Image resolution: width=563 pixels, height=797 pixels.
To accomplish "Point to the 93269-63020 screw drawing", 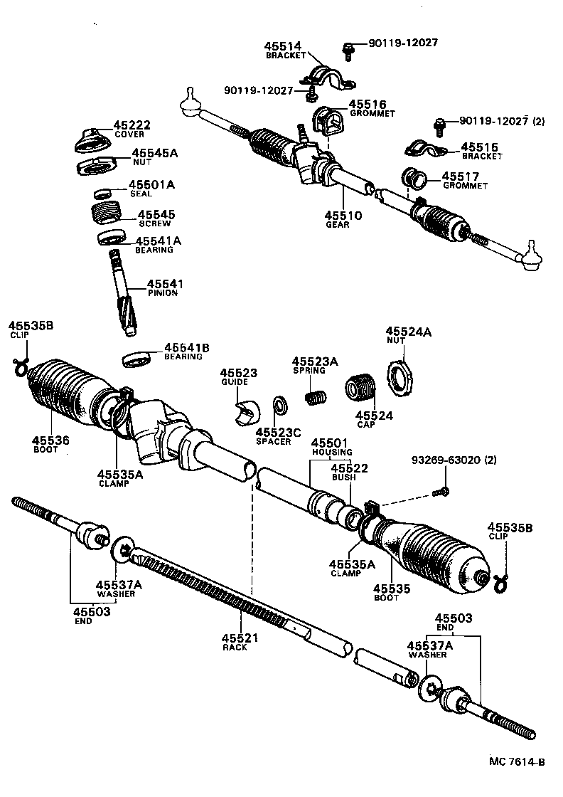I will [x=440, y=490].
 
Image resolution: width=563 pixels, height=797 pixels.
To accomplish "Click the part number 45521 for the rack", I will [x=239, y=638].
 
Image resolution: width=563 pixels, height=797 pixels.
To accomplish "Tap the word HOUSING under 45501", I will [x=331, y=453].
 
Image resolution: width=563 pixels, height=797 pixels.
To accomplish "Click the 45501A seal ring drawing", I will [x=104, y=193].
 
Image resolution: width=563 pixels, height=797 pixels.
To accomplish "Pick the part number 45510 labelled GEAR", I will [x=343, y=215].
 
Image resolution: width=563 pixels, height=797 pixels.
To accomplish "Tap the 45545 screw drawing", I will [x=108, y=214].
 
